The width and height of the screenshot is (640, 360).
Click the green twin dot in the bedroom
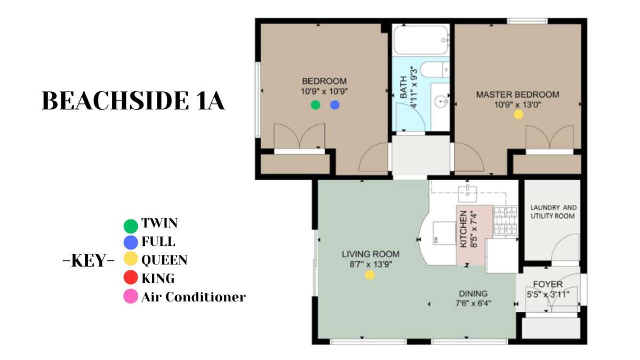click(315, 105)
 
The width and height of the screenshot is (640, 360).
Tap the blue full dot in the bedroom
click(335, 105)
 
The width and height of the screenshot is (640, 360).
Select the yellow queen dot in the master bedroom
click(518, 115)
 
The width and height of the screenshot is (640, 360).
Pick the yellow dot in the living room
click(370, 275)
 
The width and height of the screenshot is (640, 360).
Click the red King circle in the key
click(131, 277)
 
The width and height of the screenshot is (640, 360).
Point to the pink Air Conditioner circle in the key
click(131, 297)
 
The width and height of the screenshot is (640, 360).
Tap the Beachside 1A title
click(133, 101)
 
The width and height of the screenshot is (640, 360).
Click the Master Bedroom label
click(518, 94)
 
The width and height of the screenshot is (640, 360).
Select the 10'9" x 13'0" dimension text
click(518, 105)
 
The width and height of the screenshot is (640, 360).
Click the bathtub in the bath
click(421, 39)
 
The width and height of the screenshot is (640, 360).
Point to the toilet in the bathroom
click(435, 69)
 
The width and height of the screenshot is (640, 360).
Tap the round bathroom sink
click(442, 101)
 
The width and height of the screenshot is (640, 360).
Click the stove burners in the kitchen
click(506, 221)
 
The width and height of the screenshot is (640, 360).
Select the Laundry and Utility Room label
click(554, 212)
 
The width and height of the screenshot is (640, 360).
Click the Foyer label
click(548, 284)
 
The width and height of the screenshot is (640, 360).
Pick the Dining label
click(473, 293)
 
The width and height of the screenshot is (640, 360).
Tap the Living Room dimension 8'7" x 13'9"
click(371, 265)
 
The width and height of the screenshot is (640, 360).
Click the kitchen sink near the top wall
click(467, 194)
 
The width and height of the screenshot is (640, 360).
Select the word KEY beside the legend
click(89, 260)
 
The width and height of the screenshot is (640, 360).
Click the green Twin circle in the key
click(131, 226)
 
